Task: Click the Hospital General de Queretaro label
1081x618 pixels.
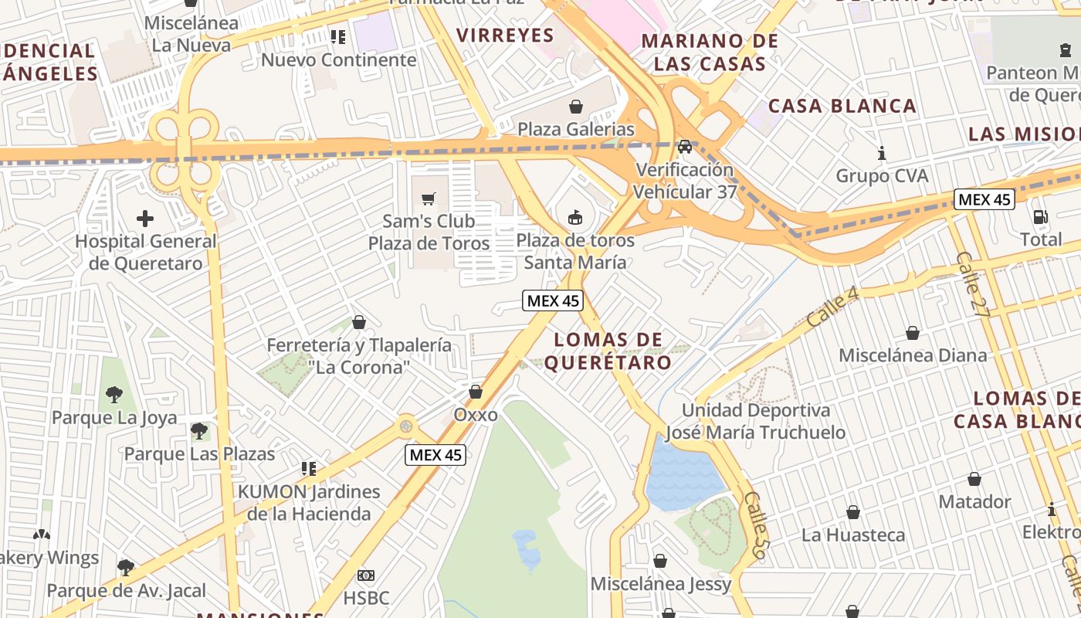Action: tap(146, 252)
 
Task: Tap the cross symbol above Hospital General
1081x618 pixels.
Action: tap(145, 219)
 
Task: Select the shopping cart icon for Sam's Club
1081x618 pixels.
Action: tap(429, 199)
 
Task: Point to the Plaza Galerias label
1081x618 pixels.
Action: tap(575, 129)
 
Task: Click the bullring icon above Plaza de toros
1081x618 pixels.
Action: tap(575, 218)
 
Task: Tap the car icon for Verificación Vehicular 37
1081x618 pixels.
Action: tap(685, 147)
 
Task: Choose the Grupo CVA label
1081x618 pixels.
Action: tap(882, 176)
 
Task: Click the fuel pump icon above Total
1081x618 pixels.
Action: tap(1041, 217)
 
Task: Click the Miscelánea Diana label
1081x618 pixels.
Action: tap(912, 355)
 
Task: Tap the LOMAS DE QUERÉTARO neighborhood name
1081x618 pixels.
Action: tap(608, 351)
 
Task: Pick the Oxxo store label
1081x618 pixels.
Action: tap(475, 415)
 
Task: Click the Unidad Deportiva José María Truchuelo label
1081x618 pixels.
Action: tap(755, 421)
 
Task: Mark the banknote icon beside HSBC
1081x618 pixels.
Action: tap(366, 575)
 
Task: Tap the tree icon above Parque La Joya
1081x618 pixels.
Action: tap(114, 395)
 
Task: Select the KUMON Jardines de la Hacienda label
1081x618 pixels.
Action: tap(309, 502)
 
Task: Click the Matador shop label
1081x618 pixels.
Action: tap(974, 502)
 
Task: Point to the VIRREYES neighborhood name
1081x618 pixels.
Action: tap(505, 35)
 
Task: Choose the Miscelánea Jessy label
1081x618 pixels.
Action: tap(660, 584)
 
